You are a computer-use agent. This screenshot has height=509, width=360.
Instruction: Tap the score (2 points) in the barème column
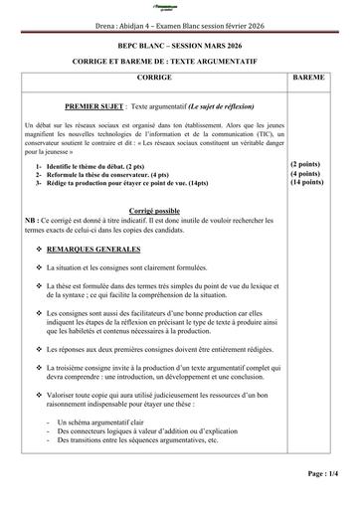(x=307, y=163)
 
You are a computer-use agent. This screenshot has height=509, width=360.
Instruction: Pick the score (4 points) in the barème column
(x=307, y=173)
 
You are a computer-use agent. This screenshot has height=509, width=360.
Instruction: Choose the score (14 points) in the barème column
(x=307, y=183)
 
